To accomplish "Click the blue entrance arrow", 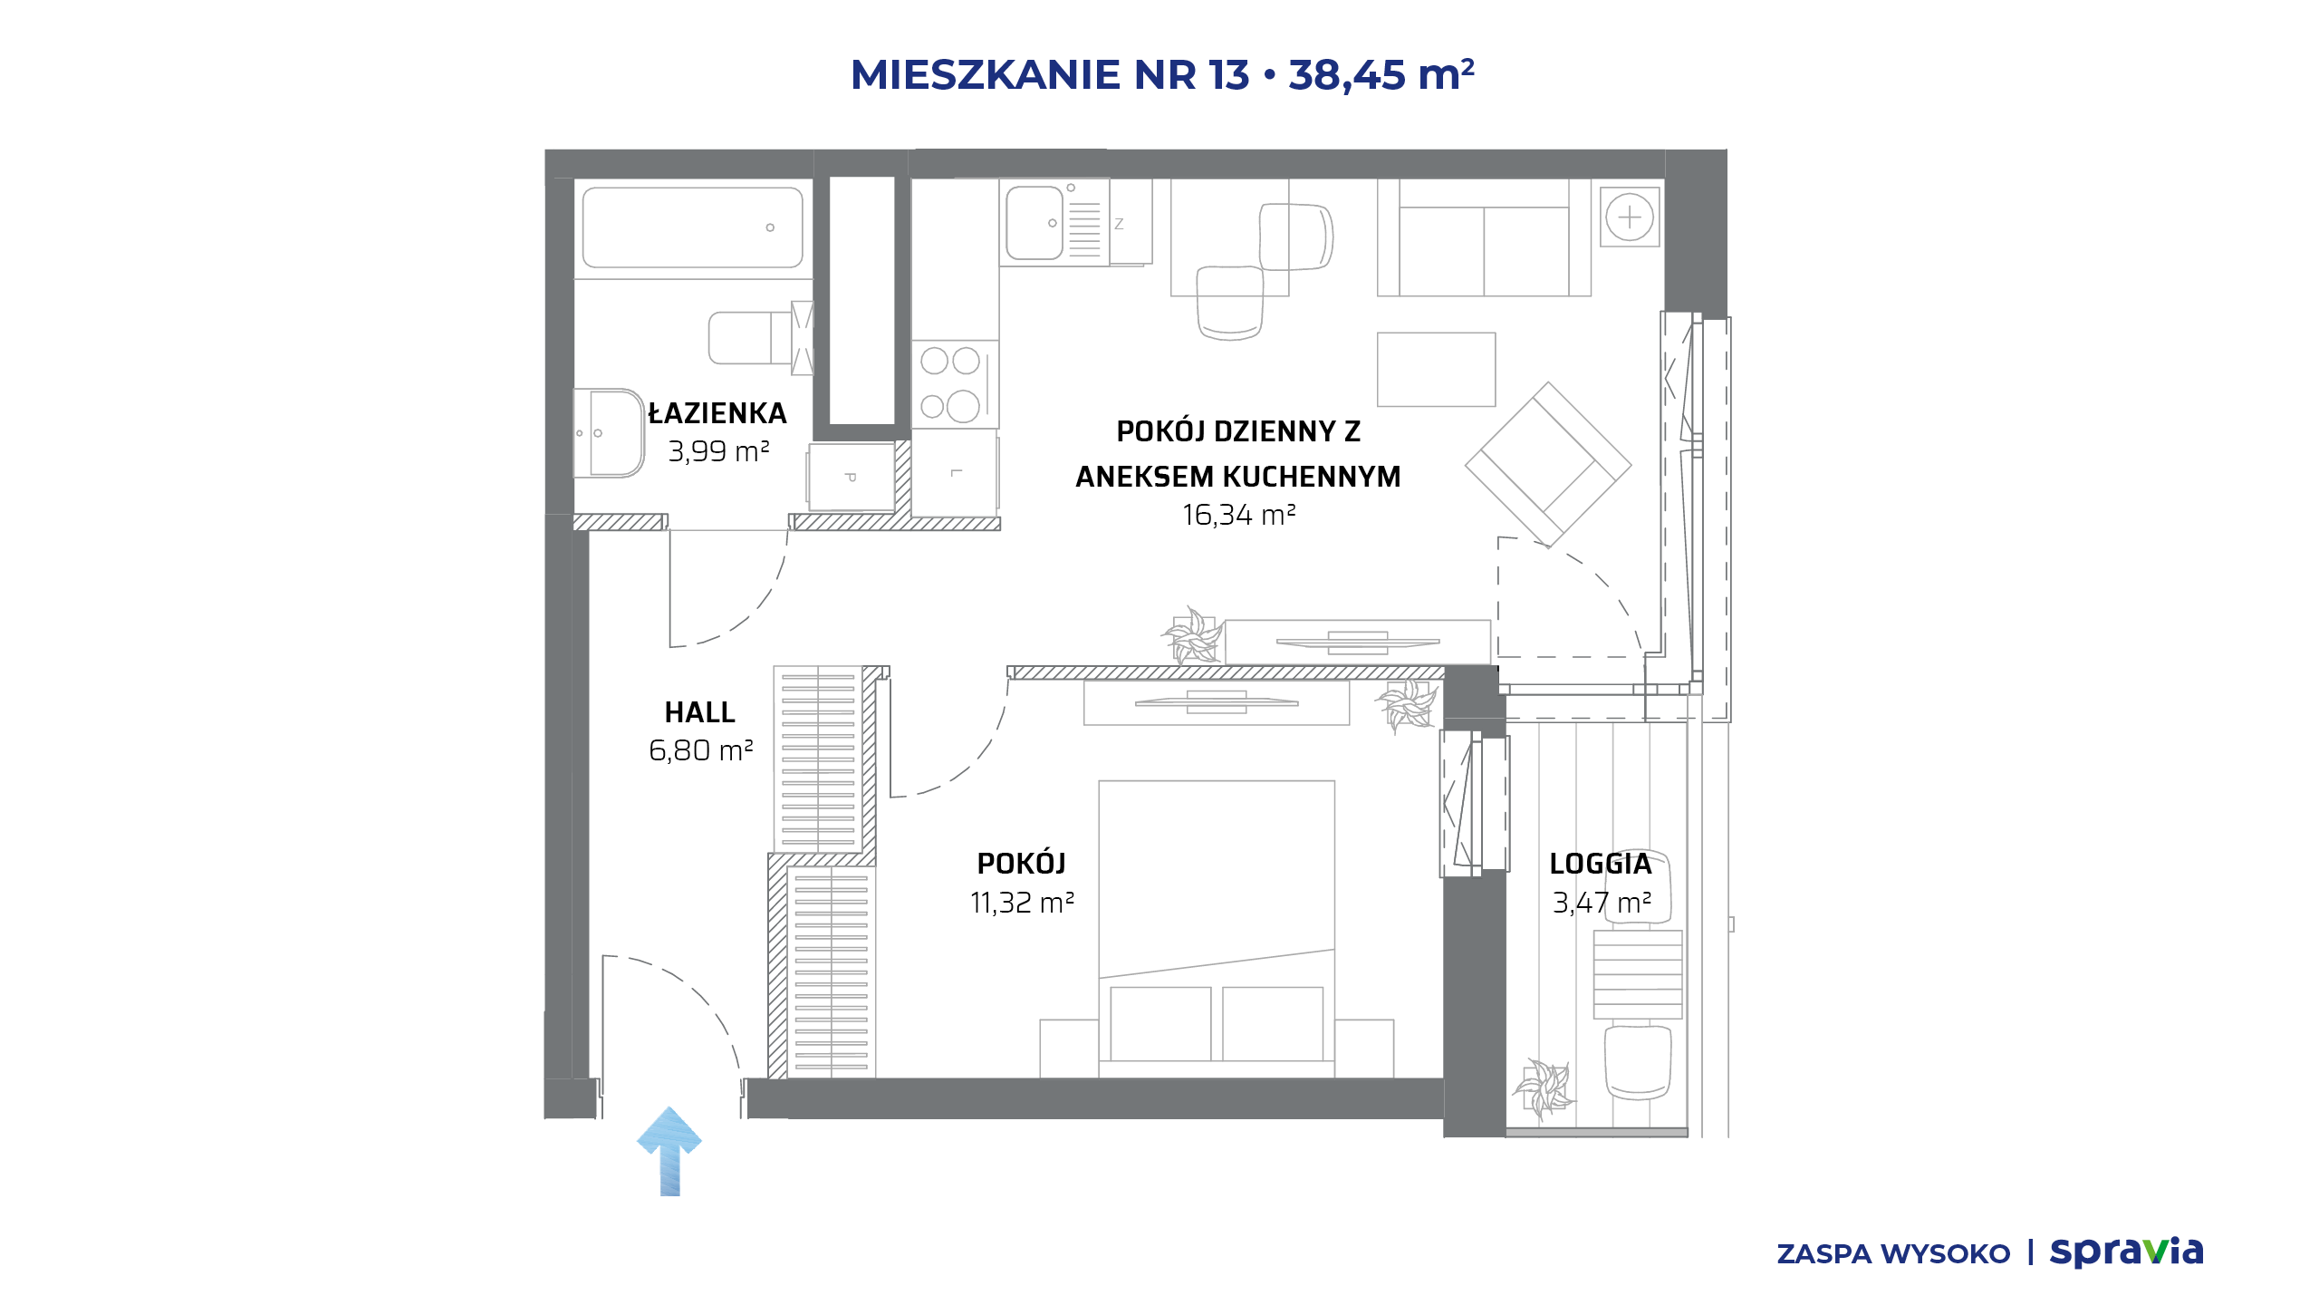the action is tap(669, 1151).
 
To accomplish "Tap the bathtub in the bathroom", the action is tap(692, 227).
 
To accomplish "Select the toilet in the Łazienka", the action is tap(759, 338).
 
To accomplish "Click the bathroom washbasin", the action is tap(608, 433).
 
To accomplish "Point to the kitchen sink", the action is tap(1034, 223).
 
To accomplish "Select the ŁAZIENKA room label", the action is tap(717, 414).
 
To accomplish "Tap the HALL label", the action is tap(699, 712).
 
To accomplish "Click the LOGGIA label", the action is tap(1601, 864).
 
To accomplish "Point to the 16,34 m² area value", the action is tap(1238, 515).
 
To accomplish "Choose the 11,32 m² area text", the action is tap(1022, 903).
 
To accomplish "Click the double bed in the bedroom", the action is tap(1217, 929).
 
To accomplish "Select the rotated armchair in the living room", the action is tap(1548, 465).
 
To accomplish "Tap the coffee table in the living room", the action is tap(1436, 370).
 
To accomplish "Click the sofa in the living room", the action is tap(1484, 237).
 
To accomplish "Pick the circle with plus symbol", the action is tap(1630, 217).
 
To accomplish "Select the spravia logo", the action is tap(2126, 1252).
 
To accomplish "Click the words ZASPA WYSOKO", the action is tap(1893, 1254).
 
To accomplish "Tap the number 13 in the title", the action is tap(1227, 75).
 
